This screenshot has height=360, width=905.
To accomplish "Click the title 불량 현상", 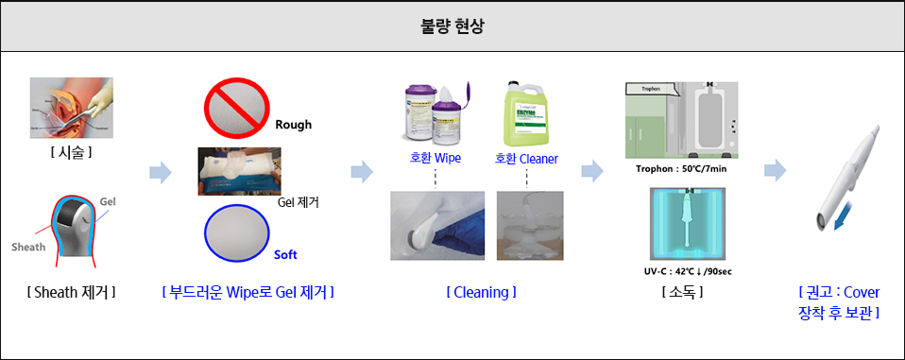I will pyautogui.click(x=452, y=26).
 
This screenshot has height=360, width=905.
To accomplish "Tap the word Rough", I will pyautogui.click(x=293, y=125).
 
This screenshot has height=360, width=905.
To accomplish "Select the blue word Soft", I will pyautogui.click(x=285, y=255).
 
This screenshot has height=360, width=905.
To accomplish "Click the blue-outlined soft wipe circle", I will pyautogui.click(x=236, y=233).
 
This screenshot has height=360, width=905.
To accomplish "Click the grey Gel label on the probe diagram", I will pyautogui.click(x=107, y=202).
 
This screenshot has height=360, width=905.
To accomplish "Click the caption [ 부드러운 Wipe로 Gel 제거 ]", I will pyautogui.click(x=248, y=292).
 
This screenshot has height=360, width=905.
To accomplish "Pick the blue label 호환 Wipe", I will pyautogui.click(x=435, y=158).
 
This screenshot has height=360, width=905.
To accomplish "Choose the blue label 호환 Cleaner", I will pyautogui.click(x=526, y=158).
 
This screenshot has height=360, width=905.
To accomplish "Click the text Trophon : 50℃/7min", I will pyautogui.click(x=681, y=169).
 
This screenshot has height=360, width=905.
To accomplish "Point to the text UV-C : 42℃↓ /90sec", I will pyautogui.click(x=681, y=272).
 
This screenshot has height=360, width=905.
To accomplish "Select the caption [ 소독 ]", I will pyautogui.click(x=681, y=292).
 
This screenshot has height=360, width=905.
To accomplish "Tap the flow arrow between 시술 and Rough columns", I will pyautogui.click(x=161, y=172).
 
